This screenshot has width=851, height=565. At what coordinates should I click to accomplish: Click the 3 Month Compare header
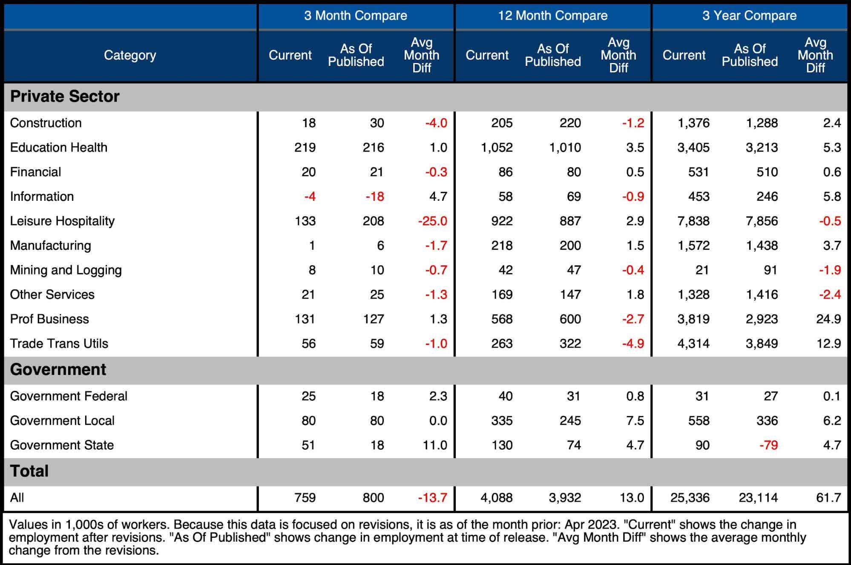355,16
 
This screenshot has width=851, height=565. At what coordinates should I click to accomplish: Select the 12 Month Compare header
552,16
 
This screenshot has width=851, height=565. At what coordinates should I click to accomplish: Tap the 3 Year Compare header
749,16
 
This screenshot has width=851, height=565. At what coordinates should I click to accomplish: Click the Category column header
130,55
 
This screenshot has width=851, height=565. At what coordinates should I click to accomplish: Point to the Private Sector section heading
65,97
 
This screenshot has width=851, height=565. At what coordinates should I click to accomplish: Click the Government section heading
58,370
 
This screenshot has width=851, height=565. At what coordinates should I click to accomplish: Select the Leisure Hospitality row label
62,221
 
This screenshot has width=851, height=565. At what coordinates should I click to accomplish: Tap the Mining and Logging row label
66,270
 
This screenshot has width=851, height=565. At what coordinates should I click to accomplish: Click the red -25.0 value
432,221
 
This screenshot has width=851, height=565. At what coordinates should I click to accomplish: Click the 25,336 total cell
690,498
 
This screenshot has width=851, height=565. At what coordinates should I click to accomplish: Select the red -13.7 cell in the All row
432,498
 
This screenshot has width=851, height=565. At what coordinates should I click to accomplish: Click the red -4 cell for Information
310,197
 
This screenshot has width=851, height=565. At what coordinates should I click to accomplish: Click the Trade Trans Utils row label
59,344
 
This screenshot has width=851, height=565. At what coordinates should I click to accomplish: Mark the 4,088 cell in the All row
496,498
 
